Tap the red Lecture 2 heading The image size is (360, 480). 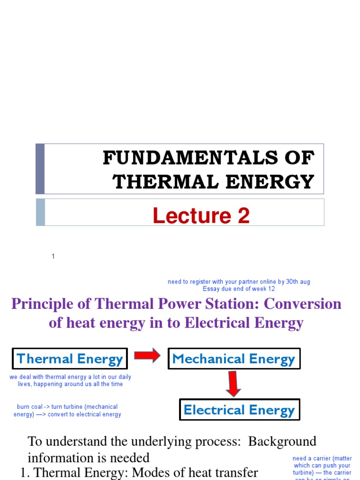(201, 216)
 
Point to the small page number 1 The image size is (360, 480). (53, 256)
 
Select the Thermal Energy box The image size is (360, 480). (70, 359)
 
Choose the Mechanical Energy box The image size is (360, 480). (233, 359)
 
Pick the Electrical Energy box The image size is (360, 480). (240, 410)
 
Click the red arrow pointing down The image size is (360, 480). (233, 383)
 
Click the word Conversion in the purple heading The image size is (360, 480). (303, 304)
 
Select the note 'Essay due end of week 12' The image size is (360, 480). (239, 289)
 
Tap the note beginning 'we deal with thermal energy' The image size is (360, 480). (70, 381)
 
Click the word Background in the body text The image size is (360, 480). (282, 442)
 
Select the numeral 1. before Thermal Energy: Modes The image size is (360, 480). (26, 472)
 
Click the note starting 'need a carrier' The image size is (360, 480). (322, 466)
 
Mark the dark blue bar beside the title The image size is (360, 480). (40, 169)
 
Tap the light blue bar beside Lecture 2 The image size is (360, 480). (40, 212)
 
